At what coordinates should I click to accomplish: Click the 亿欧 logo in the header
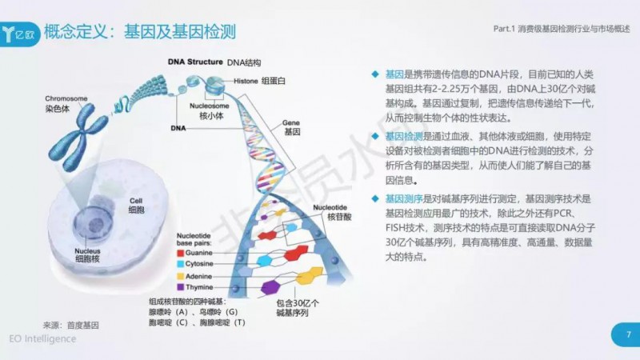tap(18, 34)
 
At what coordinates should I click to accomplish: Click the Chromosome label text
tap(66, 98)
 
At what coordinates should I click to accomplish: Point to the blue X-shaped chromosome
tap(78, 136)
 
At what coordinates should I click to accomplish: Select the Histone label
tap(246, 82)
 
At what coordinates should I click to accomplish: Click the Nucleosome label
tap(209, 106)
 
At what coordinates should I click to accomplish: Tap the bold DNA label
tap(178, 128)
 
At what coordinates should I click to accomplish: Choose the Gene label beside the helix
tap(291, 123)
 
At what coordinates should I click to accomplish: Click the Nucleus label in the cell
tap(87, 251)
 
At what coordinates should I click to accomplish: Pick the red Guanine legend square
tap(181, 253)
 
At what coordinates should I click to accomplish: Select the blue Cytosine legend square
tap(181, 264)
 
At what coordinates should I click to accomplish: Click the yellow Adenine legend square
tap(181, 276)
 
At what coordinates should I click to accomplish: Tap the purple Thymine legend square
tap(181, 287)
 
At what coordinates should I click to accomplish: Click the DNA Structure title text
tap(195, 62)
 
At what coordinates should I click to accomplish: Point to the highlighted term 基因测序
tap(404, 199)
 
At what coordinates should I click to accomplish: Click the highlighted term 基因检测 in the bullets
tap(404, 136)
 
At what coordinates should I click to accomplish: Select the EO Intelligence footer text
tap(42, 338)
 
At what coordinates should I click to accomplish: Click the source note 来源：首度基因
tap(70, 326)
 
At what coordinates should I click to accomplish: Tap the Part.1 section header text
tap(562, 29)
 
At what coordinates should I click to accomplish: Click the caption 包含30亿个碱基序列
tap(298, 308)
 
